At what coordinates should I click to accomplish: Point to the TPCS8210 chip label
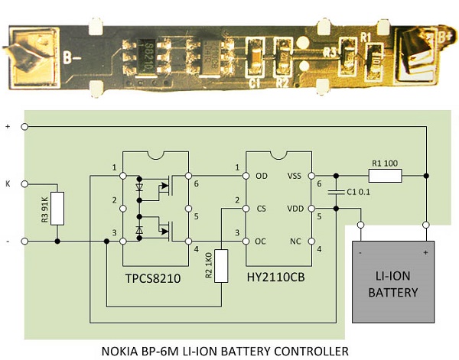tap(154, 279)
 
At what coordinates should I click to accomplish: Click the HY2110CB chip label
tap(277, 279)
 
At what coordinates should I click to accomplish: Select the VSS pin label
tap(295, 176)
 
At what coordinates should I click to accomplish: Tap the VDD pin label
tap(294, 208)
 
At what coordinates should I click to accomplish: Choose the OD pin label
tap(261, 176)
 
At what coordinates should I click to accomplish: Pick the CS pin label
tap(261, 208)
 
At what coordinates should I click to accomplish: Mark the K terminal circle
tap(25, 184)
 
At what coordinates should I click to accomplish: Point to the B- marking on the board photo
tap(73, 57)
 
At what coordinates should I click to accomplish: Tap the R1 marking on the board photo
tap(365, 37)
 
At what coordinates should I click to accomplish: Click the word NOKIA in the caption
tap(122, 351)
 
